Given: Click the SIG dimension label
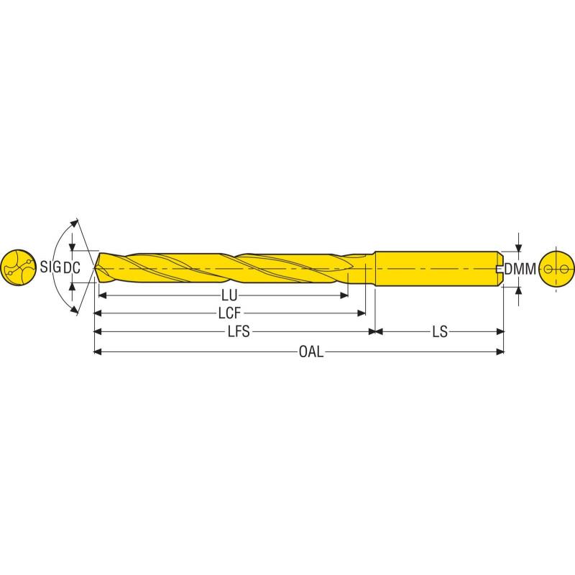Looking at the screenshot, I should (x=50, y=268).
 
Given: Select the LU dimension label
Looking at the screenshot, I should (x=229, y=295).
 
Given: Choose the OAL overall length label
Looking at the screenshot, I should (x=311, y=351).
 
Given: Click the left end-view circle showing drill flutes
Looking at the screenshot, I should (x=17, y=268).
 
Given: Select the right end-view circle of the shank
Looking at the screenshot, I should (x=557, y=270).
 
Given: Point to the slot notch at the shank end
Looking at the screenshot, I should (x=500, y=270).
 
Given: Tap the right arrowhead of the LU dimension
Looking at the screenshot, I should (x=344, y=295).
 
